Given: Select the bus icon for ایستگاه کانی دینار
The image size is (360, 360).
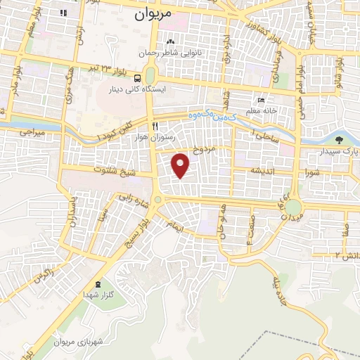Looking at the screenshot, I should coord(138,78).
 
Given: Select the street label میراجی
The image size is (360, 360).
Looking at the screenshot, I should coord(32,131).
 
